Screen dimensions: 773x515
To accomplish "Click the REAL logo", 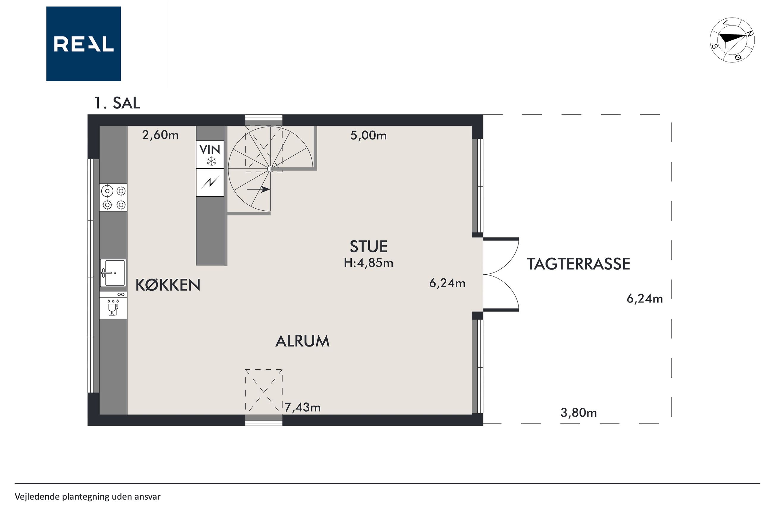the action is pos(84,44).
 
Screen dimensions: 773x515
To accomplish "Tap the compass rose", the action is pos(732,40).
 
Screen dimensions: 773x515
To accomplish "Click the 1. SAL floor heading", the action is pos(117,103).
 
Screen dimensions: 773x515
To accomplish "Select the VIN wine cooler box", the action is pos(210,154).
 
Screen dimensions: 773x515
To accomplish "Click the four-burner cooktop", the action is pos(113,197).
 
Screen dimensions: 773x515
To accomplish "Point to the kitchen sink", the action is pos(113,273).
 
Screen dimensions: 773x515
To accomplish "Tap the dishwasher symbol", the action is pos(113,305).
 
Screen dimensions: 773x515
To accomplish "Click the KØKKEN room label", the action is pos(168,285).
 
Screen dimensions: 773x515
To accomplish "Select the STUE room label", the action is pos(369,247).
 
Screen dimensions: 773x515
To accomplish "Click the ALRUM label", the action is pos(303,341).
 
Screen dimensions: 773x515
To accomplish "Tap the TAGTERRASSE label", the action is pos(579,264).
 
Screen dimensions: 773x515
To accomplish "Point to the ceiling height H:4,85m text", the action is pos(369,263).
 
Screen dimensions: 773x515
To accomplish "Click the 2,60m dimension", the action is pos(160,135).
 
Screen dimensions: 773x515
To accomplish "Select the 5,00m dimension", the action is pos(368,135).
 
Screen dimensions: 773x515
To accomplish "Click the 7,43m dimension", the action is pos(303,407).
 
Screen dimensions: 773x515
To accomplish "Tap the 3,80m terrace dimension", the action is pos(579,412).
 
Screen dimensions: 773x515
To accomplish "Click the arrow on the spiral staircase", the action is pos(259,190).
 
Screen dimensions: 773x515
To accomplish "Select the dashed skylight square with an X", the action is pos(264,390).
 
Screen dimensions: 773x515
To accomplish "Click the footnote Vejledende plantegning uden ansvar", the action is pos(87,496).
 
